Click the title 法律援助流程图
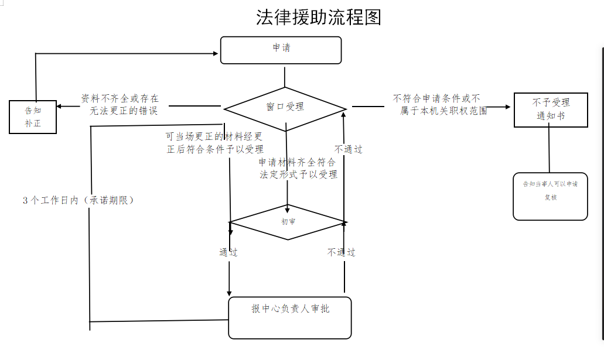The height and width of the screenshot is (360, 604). [319, 17]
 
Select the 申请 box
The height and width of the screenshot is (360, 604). [281, 50]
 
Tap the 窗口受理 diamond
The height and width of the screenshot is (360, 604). [285, 107]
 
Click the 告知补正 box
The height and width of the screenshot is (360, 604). [33, 116]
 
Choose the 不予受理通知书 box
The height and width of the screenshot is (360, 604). [550, 109]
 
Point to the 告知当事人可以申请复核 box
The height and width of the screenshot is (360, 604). [550, 196]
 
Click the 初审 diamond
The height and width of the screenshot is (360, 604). [288, 222]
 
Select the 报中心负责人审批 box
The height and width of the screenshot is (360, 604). [290, 317]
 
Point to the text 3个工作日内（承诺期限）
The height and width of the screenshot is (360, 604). [79, 200]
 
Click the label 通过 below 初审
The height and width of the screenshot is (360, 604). [228, 252]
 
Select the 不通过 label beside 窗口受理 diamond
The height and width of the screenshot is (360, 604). [349, 149]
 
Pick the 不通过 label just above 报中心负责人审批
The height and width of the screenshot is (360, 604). [342, 252]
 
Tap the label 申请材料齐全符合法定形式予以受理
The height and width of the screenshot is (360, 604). [298, 168]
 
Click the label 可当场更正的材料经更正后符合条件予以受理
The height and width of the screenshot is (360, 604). [214, 143]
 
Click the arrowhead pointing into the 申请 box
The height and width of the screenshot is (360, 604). [216, 53]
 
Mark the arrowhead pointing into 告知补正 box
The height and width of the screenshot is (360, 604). [60, 107]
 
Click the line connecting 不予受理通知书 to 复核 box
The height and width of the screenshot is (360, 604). [549, 149]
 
